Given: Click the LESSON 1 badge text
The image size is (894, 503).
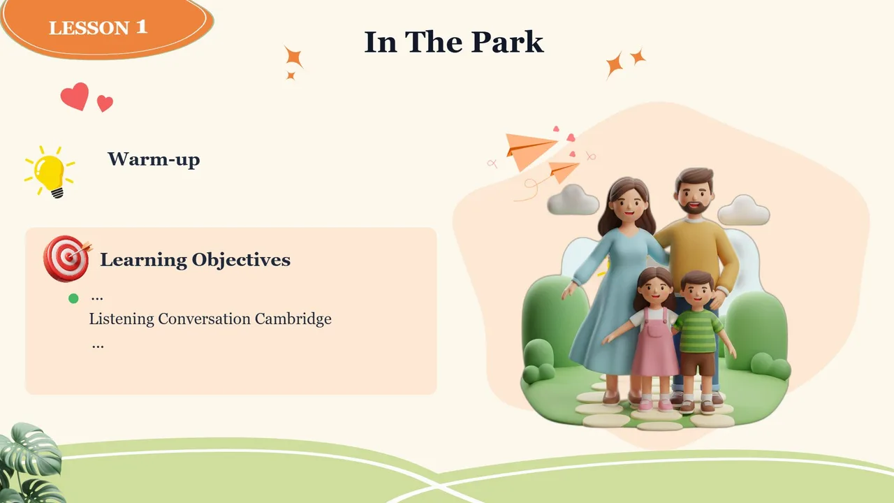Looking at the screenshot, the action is coord(98,27).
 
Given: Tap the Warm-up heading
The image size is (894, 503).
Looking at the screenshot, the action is coord(154,159).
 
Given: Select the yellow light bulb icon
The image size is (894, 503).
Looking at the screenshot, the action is coord(50,172).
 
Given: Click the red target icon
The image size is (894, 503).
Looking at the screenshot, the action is coord(67,258).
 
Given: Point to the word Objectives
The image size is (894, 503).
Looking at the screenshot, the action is coord(241,261).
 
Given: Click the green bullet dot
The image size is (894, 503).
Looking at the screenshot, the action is coord(73,298).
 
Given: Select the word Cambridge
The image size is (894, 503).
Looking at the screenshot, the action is coord(293,319).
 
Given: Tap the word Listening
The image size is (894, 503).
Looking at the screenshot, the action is coord(122,319).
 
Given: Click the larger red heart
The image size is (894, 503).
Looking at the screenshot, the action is coord(75,96).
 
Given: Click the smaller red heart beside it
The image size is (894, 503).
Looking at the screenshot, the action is coord(105,103).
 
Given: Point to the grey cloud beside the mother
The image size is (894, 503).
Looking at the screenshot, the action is coord(573,200).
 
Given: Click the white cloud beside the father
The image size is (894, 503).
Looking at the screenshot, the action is coord(744,210).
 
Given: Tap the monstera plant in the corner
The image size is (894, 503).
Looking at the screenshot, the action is coord(30,463).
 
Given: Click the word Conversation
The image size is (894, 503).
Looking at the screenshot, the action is coord(205,319).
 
